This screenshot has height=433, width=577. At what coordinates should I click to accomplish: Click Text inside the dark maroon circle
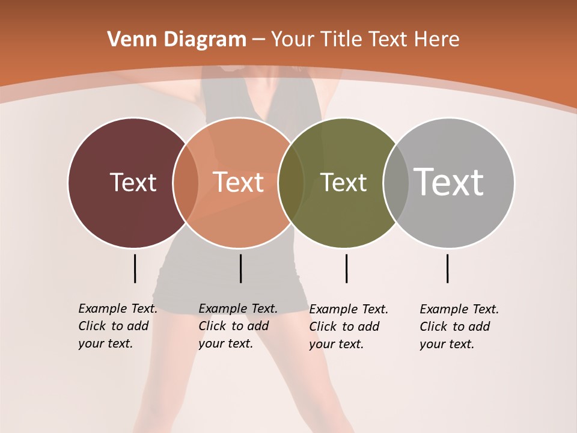[x=133, y=182]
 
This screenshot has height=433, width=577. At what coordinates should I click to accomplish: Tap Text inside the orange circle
[x=238, y=182]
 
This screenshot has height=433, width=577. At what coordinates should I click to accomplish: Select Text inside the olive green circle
[x=343, y=182]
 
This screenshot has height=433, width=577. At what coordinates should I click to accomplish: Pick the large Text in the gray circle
[x=449, y=182]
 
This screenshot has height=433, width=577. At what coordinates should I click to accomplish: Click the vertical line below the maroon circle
[x=135, y=268]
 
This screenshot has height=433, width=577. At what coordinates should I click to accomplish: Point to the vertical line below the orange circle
[x=240, y=268]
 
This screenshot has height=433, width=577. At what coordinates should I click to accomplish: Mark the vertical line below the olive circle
[x=346, y=268]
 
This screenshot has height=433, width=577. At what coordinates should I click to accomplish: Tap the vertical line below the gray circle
[x=447, y=268]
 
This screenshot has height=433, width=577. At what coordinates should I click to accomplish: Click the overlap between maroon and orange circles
[x=186, y=182]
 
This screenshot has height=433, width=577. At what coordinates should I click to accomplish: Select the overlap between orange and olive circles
[x=291, y=182]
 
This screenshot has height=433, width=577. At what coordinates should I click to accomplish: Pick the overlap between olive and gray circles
[x=395, y=182]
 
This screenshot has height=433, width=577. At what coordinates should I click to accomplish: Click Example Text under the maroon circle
[x=118, y=309]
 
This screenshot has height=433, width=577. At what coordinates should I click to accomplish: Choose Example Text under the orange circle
[x=238, y=309]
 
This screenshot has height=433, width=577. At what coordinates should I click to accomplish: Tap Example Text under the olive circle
[x=349, y=309]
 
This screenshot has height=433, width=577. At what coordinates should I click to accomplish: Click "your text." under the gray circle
[x=447, y=344]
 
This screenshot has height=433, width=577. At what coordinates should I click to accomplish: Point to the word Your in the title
[x=292, y=40]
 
